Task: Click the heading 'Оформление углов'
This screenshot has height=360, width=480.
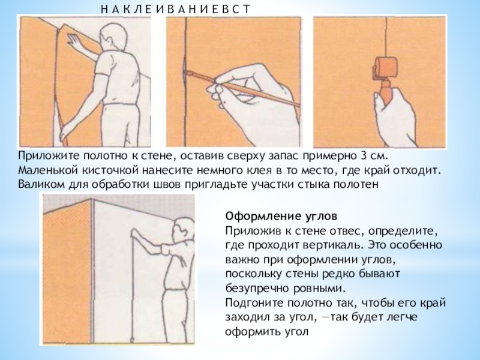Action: tap(281, 216)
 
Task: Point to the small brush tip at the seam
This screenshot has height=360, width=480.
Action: tap(188, 73)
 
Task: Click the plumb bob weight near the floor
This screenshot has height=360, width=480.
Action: tap(132, 339)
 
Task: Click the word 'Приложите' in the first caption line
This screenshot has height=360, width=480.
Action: tap(49, 156)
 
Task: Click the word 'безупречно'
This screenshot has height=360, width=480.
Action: tap(257, 289)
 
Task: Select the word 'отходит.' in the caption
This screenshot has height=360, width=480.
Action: tap(417, 170)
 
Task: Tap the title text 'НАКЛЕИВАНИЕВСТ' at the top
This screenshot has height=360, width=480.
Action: tap(175, 9)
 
